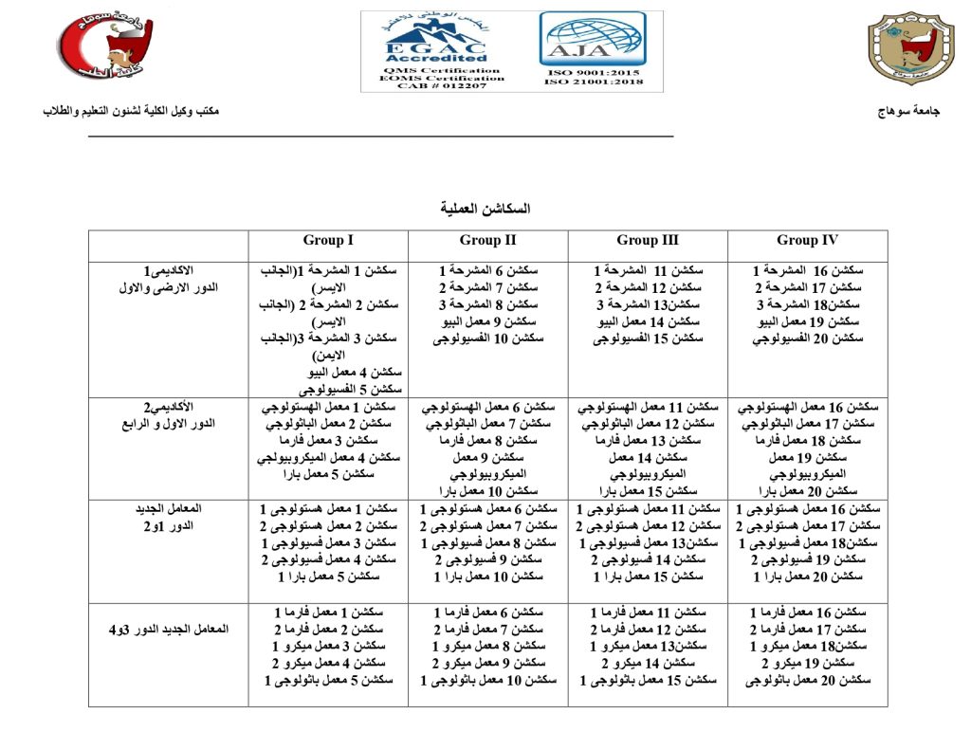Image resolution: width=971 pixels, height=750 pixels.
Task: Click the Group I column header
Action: point(328,241)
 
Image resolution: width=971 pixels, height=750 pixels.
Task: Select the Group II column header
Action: point(487,241)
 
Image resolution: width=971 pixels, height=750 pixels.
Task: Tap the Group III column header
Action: point(648,241)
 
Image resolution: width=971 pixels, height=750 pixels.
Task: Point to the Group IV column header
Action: point(807,241)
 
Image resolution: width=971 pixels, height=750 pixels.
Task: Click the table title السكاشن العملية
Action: point(485,208)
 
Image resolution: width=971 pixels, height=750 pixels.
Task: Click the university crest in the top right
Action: point(911,48)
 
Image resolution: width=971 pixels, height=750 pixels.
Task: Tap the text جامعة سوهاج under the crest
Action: point(910,112)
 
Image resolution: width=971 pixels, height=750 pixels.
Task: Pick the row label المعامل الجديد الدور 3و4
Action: point(168,630)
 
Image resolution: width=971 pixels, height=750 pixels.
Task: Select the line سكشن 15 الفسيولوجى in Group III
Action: point(648,338)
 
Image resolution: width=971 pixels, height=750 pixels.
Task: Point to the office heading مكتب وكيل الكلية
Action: point(132,112)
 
